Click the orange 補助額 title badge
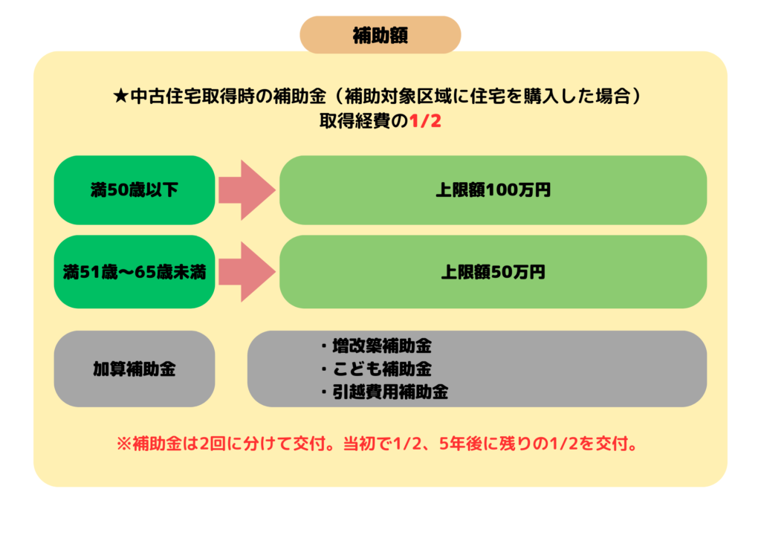coord(380,35)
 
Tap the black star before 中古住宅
coord(120,96)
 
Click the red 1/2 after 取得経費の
coord(425,121)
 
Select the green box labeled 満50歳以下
coord(135,189)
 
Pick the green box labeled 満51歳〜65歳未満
coord(135,272)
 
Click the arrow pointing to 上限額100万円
coord(247,189)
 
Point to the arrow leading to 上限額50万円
coord(247,272)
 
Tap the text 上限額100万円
coord(493,189)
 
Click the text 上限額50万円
coord(493,272)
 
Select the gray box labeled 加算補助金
coord(135,369)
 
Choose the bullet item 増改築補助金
coord(376,346)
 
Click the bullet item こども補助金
coord(376,369)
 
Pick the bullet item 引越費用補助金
coord(384,392)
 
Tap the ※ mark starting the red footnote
coord(124,444)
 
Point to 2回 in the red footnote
coord(212,444)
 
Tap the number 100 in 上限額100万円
coord(503,189)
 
